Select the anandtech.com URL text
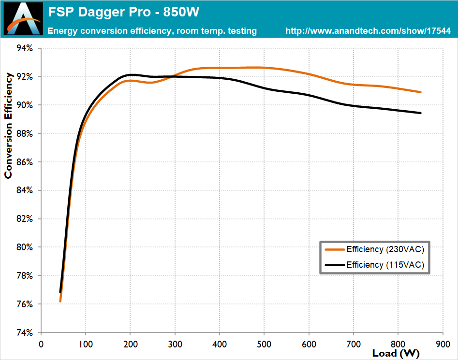[368, 31]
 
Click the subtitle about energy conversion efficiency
[152, 31]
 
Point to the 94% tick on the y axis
[24, 48]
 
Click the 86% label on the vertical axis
[24, 162]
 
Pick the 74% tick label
[24, 332]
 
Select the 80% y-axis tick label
[24, 247]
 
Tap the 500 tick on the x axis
[264, 344]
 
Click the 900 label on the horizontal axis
[443, 344]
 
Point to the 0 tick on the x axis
[41, 344]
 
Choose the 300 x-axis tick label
[175, 344]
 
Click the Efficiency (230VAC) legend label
[385, 250]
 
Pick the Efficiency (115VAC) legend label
[385, 265]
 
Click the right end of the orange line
[420, 92]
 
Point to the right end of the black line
[420, 113]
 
